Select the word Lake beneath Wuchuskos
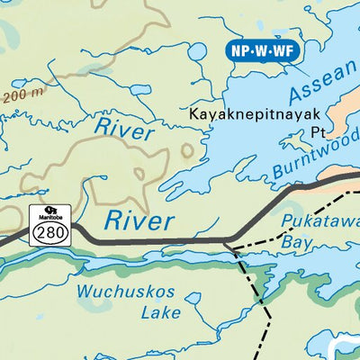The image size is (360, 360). (x=160, y=314)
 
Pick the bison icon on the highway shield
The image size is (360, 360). (x=40, y=213)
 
